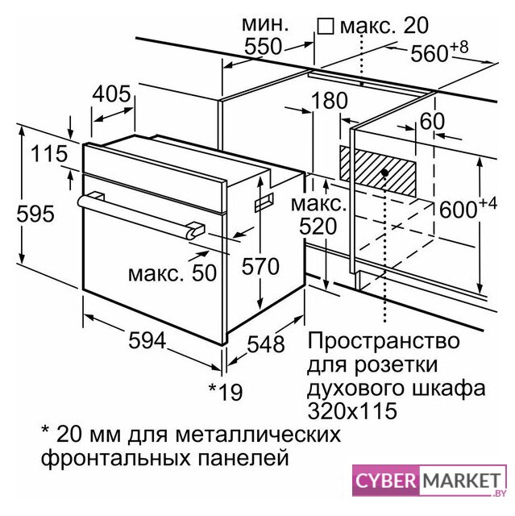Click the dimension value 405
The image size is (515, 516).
tap(111, 94)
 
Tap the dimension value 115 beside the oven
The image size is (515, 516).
tap(49, 154)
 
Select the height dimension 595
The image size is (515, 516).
tap(35, 214)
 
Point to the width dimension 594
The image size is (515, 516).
tap(147, 340)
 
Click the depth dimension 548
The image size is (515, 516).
tap(266, 344)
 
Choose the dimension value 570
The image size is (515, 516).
tap(260, 266)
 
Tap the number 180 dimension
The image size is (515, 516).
tap(329, 100)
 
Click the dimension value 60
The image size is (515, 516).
tap(432, 121)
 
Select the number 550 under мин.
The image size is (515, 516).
tap(264, 47)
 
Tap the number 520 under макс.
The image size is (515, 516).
tap(318, 227)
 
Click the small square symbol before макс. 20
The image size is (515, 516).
tap(326, 26)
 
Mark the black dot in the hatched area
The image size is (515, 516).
tap(385, 173)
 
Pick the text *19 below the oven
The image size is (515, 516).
tap(226, 391)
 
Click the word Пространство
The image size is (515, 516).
tap(384, 340)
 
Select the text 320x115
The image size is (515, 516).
tap(352, 410)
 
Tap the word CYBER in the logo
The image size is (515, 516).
tap(386, 481)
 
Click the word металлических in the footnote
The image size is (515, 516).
tap(258, 434)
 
